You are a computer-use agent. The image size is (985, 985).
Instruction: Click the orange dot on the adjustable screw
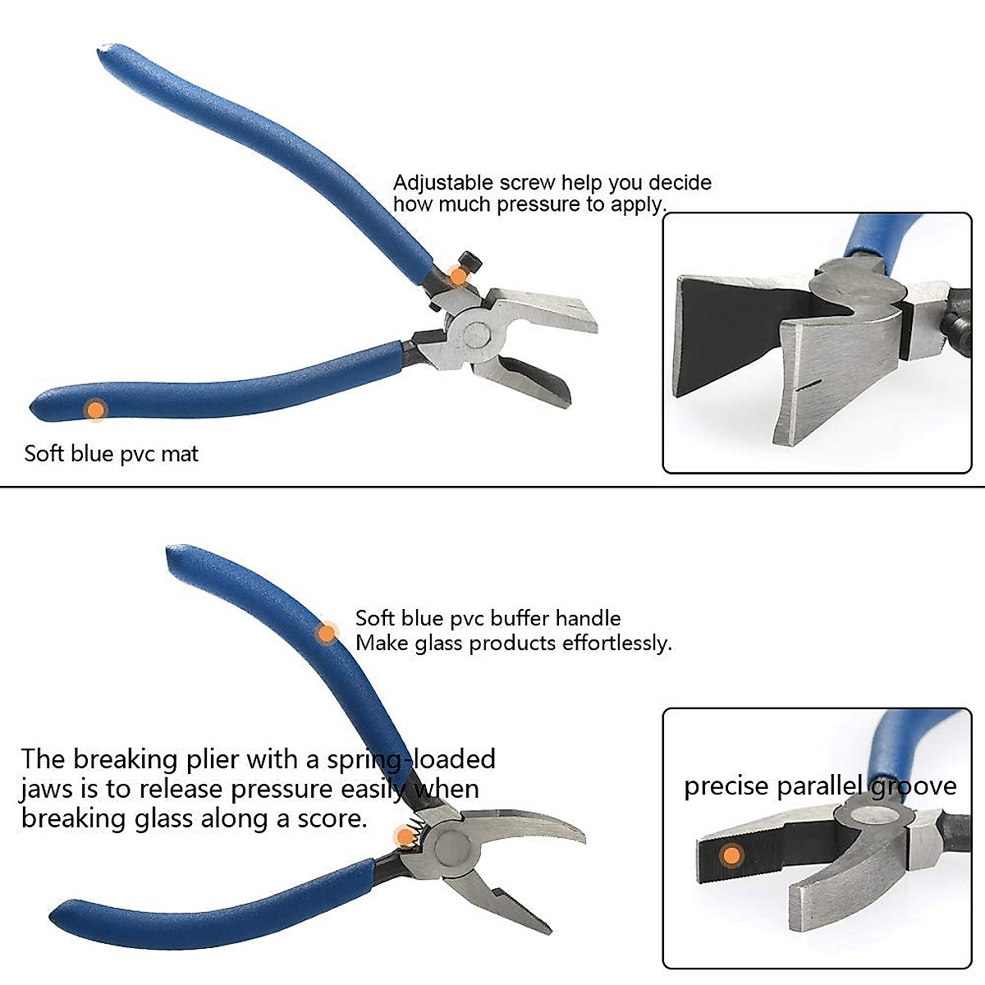point(458,277)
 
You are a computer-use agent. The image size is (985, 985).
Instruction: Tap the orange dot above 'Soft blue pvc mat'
point(96,410)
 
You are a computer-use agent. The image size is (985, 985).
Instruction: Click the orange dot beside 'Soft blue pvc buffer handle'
point(328,633)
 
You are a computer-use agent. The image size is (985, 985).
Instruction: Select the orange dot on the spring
point(405,836)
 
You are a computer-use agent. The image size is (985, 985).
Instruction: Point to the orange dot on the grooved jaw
point(731,856)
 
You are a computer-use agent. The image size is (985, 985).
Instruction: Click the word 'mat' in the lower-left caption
point(181,454)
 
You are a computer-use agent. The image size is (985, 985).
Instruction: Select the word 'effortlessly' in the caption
point(616,644)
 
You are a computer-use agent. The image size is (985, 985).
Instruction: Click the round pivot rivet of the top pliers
point(474,333)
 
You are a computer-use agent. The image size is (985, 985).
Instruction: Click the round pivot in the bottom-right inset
point(872,813)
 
